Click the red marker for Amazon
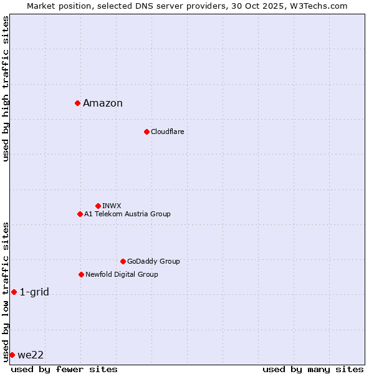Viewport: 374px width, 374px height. click(x=77, y=103)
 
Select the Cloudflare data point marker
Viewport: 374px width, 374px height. click(x=146, y=132)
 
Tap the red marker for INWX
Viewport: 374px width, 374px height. click(x=98, y=206)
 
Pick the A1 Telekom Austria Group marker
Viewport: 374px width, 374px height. click(x=80, y=214)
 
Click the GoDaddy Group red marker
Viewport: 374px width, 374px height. click(x=123, y=261)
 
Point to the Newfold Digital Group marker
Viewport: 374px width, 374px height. click(x=81, y=274)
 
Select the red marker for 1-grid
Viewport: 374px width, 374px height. click(x=14, y=292)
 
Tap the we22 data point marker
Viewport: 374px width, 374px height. click(x=12, y=355)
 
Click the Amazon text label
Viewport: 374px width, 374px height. click(x=103, y=103)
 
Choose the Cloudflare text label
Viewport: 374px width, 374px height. click(x=168, y=132)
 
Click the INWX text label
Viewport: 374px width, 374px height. click(x=112, y=206)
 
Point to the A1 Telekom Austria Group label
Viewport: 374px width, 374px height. click(x=127, y=214)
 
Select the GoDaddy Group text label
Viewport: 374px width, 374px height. click(x=153, y=261)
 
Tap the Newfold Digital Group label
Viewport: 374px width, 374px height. click(x=122, y=274)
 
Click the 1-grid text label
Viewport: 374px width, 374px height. click(x=34, y=292)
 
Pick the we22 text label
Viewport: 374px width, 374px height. click(x=31, y=355)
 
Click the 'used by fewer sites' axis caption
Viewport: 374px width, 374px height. click(x=64, y=369)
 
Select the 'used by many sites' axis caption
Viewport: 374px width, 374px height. click(x=313, y=369)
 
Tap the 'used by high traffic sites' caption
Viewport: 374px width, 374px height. click(x=6, y=89)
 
